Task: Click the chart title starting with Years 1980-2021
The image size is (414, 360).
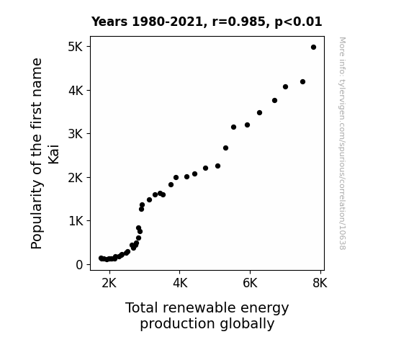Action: (x=207, y=22)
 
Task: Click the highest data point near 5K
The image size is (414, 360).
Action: (x=313, y=48)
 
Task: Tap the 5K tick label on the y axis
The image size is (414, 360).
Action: (x=76, y=47)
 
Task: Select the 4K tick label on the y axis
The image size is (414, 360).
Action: (x=76, y=91)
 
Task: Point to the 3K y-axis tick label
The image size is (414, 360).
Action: (x=76, y=134)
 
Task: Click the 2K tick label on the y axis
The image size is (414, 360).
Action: (x=76, y=178)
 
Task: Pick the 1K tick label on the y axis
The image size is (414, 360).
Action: (x=76, y=221)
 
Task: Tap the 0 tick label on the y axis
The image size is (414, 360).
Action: (x=79, y=265)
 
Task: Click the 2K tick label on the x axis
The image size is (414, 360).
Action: (x=109, y=283)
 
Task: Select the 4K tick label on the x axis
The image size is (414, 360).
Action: (x=180, y=283)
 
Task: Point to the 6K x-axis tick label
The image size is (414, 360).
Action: (x=250, y=283)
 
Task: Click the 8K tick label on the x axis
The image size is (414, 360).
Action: (x=320, y=283)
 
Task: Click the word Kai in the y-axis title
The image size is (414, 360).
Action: (x=53, y=154)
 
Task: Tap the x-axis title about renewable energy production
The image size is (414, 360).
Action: (x=207, y=316)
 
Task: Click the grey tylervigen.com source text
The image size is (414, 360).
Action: (x=342, y=143)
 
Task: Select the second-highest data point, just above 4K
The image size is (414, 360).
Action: (x=302, y=82)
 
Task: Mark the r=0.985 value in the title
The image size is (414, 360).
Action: (x=238, y=22)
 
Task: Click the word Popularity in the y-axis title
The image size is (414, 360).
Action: (x=37, y=215)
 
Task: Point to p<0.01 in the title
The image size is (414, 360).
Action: (x=298, y=22)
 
